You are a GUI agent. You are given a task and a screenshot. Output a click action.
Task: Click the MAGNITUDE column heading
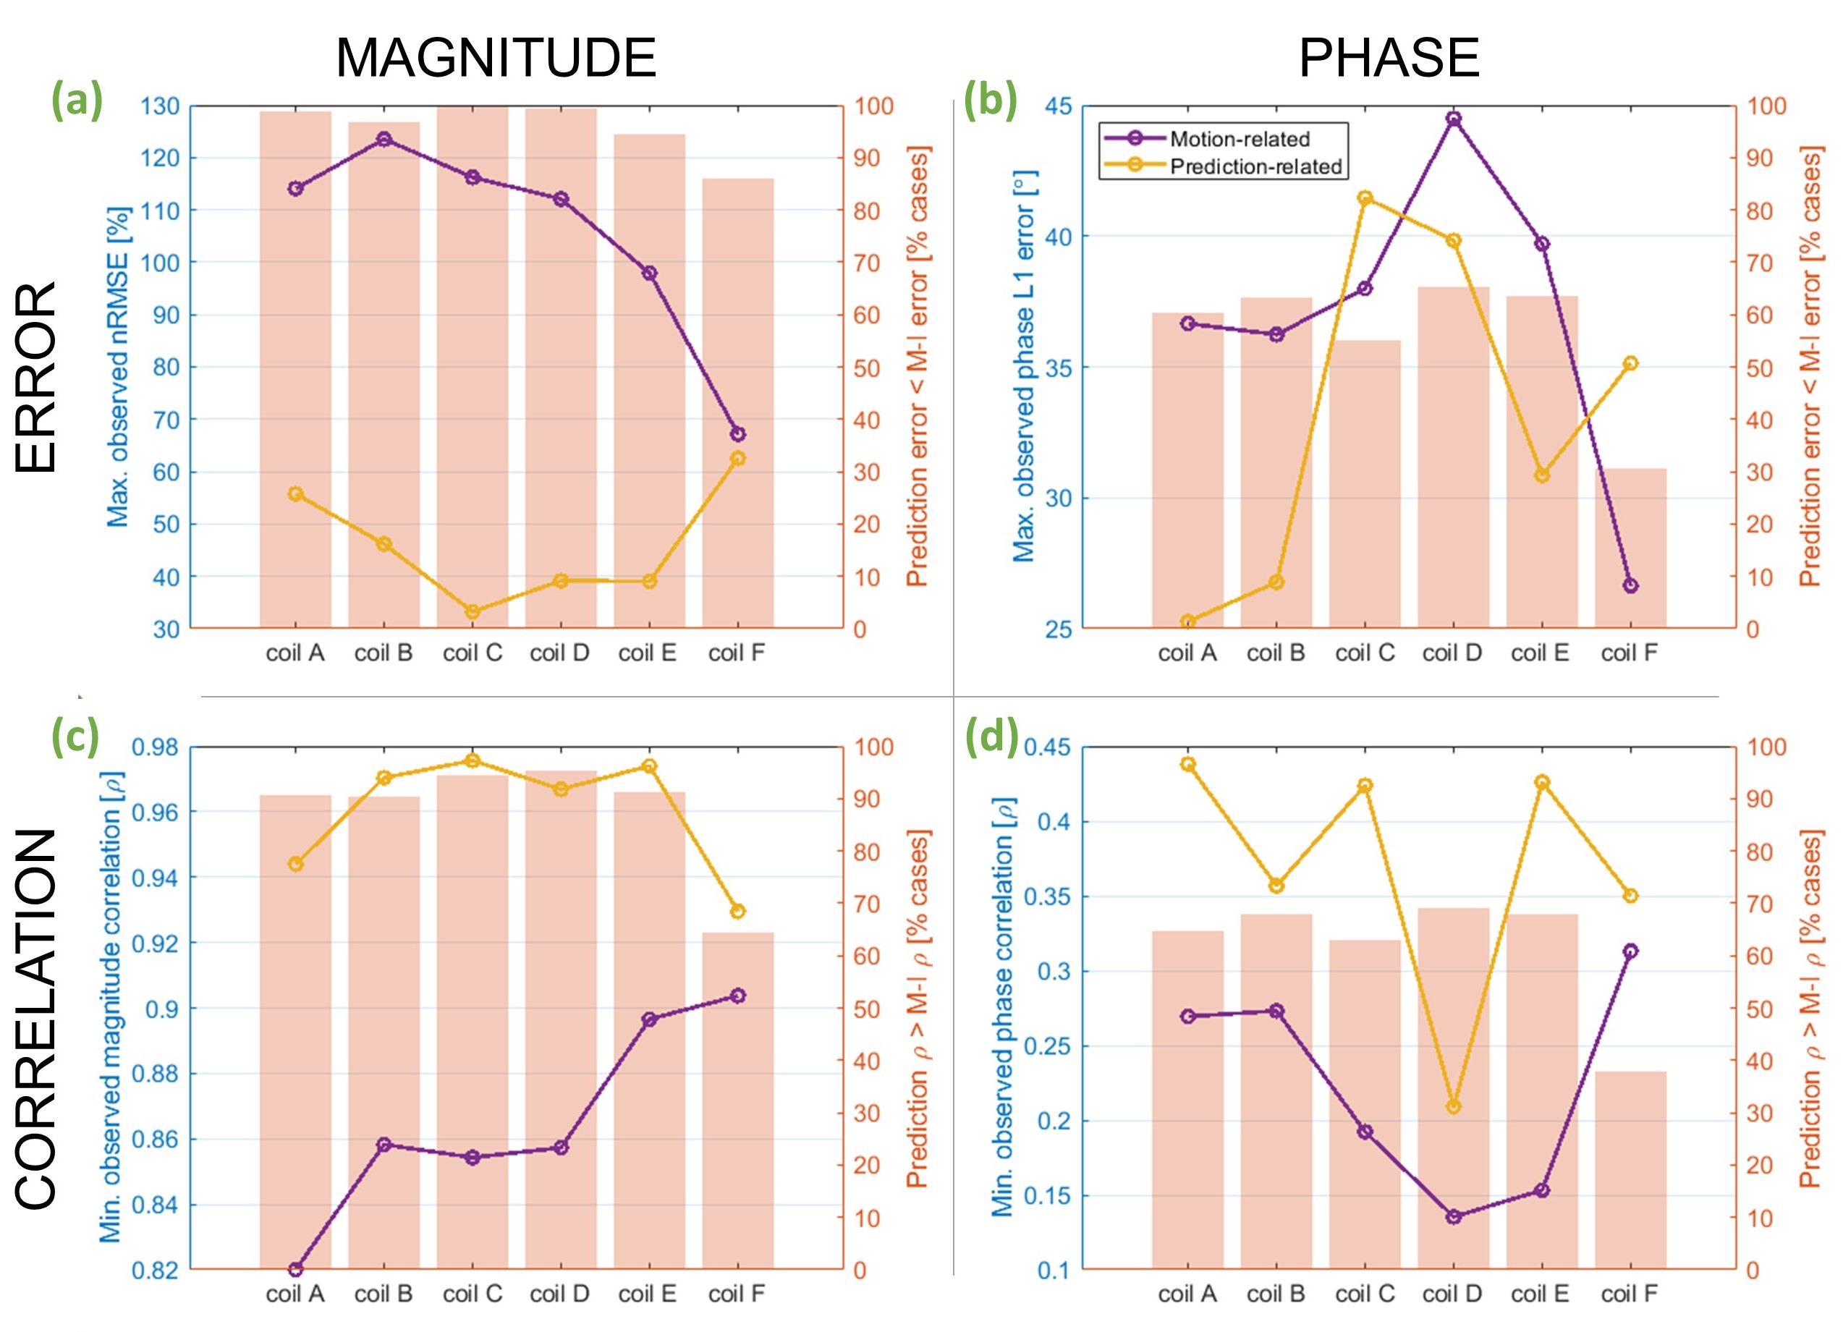pos(496,59)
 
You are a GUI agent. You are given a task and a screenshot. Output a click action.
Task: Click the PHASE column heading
pos(1388,59)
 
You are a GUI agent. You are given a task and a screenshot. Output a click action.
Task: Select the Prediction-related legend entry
pos(1255,166)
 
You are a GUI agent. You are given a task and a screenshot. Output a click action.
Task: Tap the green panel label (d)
pos(991,739)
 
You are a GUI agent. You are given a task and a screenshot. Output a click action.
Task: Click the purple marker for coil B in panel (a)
pos(384,139)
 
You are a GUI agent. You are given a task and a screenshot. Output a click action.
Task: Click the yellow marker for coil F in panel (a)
pos(738,459)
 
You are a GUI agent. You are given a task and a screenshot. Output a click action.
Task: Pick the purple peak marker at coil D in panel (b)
pos(1454,119)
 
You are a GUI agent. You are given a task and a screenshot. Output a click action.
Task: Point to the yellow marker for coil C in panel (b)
pos(1365,198)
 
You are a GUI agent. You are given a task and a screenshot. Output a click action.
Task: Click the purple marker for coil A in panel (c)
pos(296,1268)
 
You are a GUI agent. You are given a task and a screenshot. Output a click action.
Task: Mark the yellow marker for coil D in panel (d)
pos(1454,1106)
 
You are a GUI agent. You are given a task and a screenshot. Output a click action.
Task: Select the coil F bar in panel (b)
pos(1630,548)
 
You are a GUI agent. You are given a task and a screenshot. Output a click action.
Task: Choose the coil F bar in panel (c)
pos(738,1101)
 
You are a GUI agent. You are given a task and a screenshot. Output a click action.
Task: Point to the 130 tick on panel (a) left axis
pos(160,106)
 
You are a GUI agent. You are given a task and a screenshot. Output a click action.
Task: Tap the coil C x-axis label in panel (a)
pos(472,653)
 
